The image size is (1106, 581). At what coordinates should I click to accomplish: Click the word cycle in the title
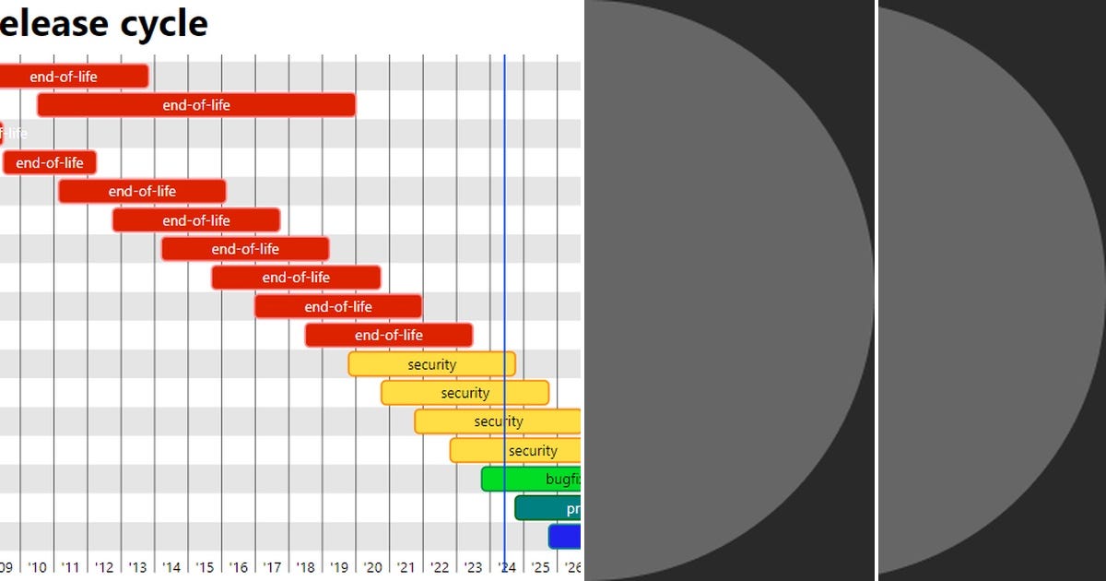[163, 23]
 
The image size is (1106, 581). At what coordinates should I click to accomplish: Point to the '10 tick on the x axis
[37, 566]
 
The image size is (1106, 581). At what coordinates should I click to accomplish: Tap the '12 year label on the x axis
[104, 566]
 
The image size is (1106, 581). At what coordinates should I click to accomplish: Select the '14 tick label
[171, 566]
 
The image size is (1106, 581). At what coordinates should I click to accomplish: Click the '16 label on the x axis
[239, 566]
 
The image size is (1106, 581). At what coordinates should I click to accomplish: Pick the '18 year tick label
[305, 566]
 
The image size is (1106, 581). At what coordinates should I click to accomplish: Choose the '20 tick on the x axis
[372, 566]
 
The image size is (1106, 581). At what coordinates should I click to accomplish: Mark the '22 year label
[440, 566]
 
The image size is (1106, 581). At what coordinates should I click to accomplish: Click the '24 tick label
[507, 566]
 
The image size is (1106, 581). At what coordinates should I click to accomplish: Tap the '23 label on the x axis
[473, 566]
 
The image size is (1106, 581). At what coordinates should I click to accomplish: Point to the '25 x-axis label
[540, 566]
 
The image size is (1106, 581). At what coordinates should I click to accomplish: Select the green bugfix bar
[531, 479]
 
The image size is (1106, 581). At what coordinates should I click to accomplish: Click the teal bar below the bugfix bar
[547, 508]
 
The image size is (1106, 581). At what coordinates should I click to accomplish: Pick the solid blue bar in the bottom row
[564, 536]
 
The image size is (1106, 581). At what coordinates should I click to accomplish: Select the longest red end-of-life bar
[195, 105]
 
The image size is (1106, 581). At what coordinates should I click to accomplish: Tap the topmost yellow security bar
[431, 364]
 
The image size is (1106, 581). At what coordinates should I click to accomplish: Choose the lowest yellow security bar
[515, 450]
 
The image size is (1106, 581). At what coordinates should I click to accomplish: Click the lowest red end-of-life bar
[388, 335]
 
